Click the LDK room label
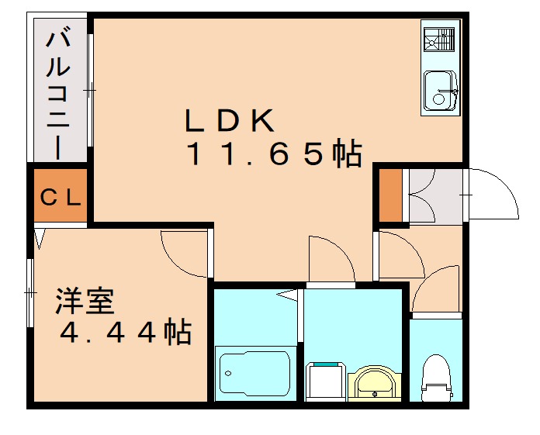[x=229, y=121]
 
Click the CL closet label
[x=61, y=197]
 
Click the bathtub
[x=254, y=374]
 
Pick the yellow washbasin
[x=376, y=382]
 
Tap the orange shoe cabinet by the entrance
[x=389, y=195]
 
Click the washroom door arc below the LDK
[x=331, y=260]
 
